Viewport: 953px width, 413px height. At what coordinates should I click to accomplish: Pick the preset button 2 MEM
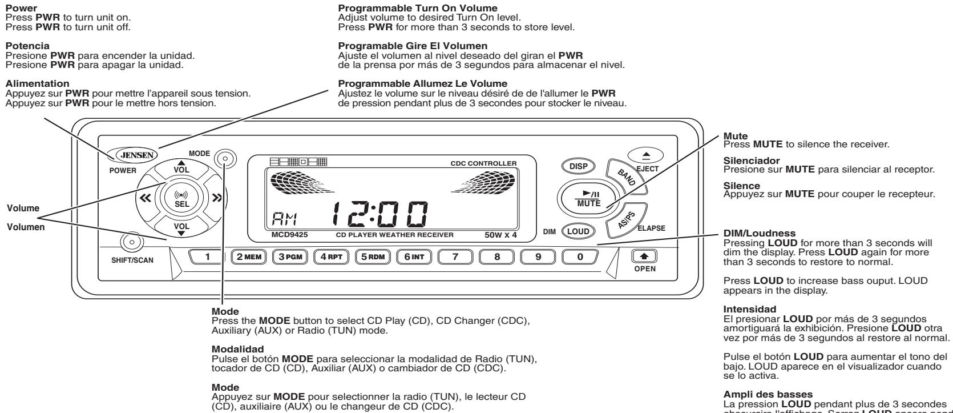(x=249, y=256)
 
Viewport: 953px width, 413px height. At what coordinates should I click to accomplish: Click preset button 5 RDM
(x=373, y=256)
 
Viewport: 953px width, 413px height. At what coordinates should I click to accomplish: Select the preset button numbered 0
(x=580, y=256)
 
